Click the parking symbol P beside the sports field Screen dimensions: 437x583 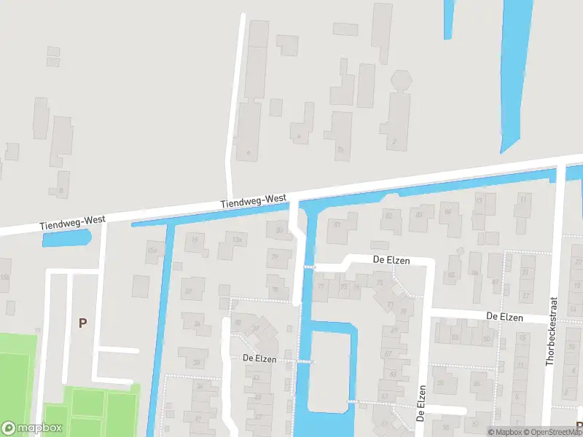[82, 323]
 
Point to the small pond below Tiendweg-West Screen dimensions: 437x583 [66, 237]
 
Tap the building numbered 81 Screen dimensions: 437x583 [337, 225]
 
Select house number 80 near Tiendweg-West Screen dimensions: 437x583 [278, 232]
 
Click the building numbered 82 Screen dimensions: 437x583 [391, 216]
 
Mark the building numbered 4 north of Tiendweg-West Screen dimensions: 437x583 [299, 135]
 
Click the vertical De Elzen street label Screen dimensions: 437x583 [420, 403]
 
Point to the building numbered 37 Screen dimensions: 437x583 [192, 291]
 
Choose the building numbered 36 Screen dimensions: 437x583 [195, 323]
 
